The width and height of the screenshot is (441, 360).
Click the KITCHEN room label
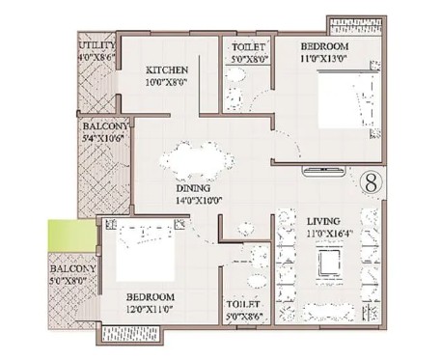[x=167, y=70]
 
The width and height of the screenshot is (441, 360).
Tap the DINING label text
[x=193, y=188]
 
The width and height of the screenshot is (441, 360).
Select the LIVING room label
[x=323, y=221]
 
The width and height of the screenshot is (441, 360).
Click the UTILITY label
[x=96, y=45]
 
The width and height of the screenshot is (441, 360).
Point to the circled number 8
[x=371, y=182]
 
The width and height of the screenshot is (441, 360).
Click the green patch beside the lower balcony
[x=71, y=235]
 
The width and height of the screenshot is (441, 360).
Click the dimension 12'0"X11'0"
[x=150, y=310]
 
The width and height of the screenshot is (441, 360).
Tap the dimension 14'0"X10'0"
[x=200, y=201]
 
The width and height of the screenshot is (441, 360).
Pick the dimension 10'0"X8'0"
[x=166, y=82]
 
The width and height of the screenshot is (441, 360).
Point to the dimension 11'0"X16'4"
[x=331, y=234]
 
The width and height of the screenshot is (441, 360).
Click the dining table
[x=197, y=160]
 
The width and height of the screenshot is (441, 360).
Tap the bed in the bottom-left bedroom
[x=146, y=250]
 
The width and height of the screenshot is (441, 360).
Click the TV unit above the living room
[x=324, y=171]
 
